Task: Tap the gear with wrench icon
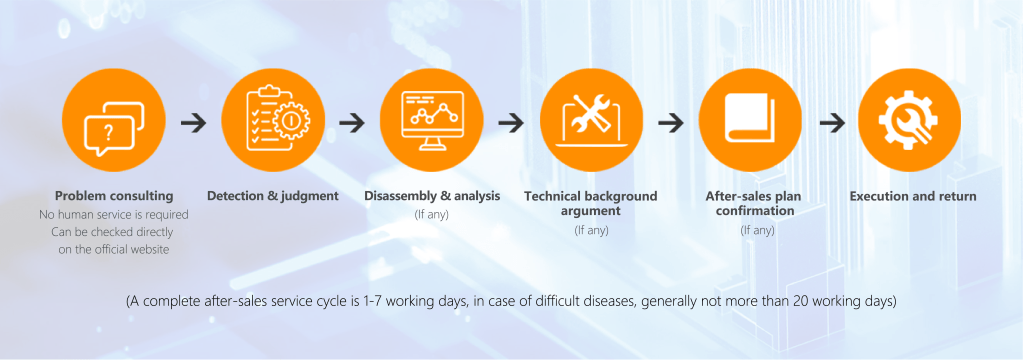(909, 121)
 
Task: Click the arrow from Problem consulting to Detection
(194, 123)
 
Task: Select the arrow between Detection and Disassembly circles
(352, 123)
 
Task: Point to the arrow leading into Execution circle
(832, 123)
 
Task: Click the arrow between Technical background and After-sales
(671, 123)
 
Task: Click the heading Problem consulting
(114, 196)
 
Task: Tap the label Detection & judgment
(273, 196)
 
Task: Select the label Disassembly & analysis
(432, 196)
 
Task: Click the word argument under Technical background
(591, 211)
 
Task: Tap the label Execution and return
(913, 196)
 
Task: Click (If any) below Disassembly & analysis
(432, 214)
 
